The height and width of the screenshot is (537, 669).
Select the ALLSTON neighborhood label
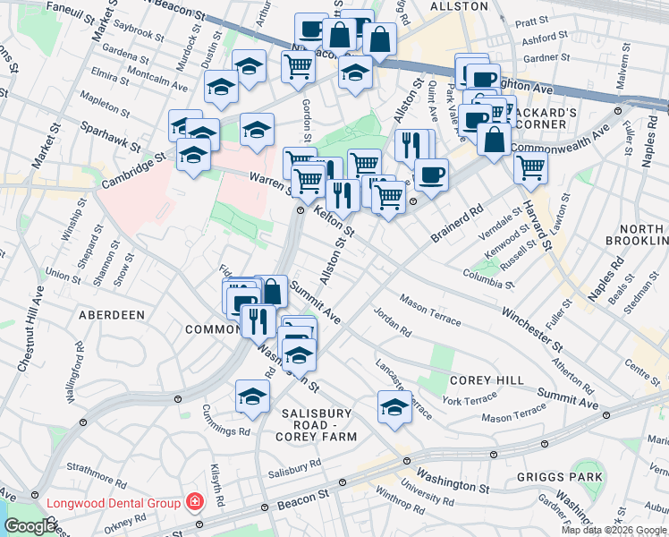(x=459, y=6)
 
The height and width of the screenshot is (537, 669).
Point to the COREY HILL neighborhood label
(x=487, y=380)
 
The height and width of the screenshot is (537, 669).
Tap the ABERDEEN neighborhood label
(x=112, y=316)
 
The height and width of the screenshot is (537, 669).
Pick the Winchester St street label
(x=532, y=328)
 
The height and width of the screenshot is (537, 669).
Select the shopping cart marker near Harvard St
(x=531, y=166)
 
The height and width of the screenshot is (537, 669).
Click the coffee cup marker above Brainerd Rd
(x=431, y=173)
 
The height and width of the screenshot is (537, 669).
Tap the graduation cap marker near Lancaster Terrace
(x=394, y=406)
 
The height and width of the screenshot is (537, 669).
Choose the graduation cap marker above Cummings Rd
(x=253, y=396)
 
